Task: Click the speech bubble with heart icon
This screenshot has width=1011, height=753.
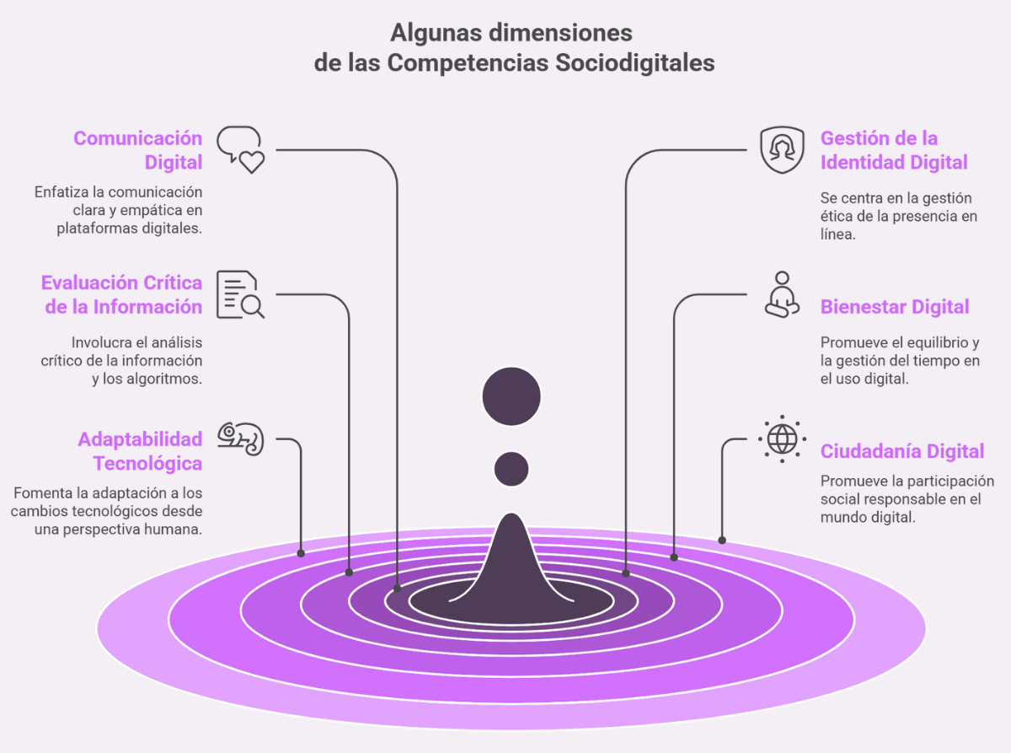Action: [x=241, y=149]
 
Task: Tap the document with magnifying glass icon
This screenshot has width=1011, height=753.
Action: [x=240, y=294]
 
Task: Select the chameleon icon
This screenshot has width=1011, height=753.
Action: [x=241, y=438]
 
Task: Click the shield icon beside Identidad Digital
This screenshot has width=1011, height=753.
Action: [x=782, y=150]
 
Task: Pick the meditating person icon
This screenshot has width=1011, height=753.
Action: [x=782, y=294]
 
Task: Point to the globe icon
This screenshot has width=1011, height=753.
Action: [x=782, y=438]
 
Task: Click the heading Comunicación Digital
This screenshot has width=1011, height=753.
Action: [x=138, y=150]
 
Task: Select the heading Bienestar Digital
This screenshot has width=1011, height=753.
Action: [x=895, y=307]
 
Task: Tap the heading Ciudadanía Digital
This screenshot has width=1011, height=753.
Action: [x=902, y=451]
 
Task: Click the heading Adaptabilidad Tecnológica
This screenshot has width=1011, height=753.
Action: [x=141, y=451]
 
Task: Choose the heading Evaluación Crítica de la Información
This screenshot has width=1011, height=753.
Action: [x=122, y=294]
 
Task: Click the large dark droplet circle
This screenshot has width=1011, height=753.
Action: [x=511, y=396]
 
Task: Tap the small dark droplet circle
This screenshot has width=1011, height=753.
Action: [x=511, y=469]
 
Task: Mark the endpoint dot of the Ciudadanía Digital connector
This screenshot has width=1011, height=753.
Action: [x=722, y=540]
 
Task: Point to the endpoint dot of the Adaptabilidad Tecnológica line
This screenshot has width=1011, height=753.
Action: [x=301, y=553]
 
